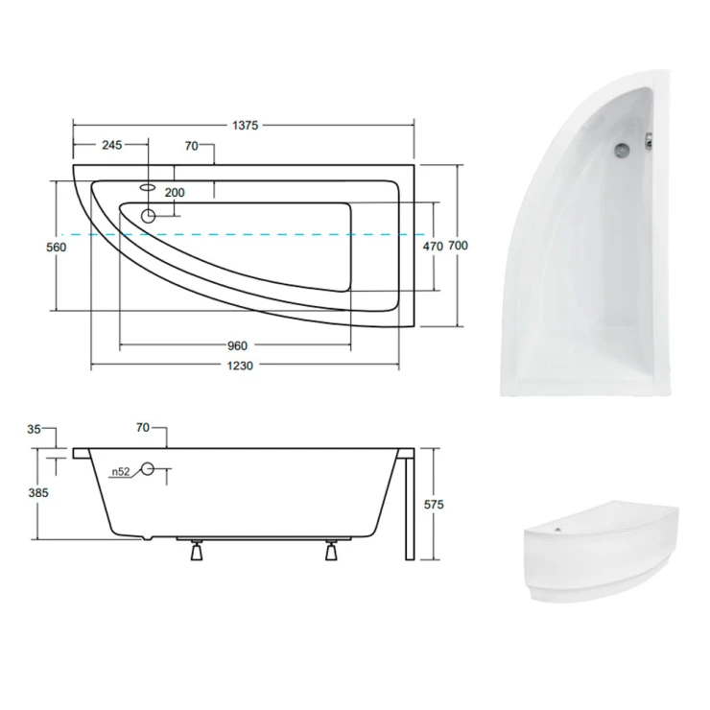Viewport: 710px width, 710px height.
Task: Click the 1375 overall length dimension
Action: (x=245, y=126)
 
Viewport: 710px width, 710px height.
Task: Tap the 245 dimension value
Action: (x=112, y=145)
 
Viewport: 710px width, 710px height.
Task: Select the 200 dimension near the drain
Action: (x=175, y=193)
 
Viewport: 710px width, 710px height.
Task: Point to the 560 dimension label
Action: (x=57, y=248)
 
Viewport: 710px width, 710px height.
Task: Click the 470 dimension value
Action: (x=433, y=247)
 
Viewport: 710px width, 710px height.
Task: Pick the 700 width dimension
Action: (x=458, y=246)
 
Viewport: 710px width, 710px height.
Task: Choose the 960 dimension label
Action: (x=237, y=346)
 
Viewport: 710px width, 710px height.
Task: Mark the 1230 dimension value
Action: (x=240, y=366)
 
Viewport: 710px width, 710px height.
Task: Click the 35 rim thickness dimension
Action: (x=34, y=429)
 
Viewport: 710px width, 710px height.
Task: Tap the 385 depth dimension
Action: (x=38, y=492)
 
